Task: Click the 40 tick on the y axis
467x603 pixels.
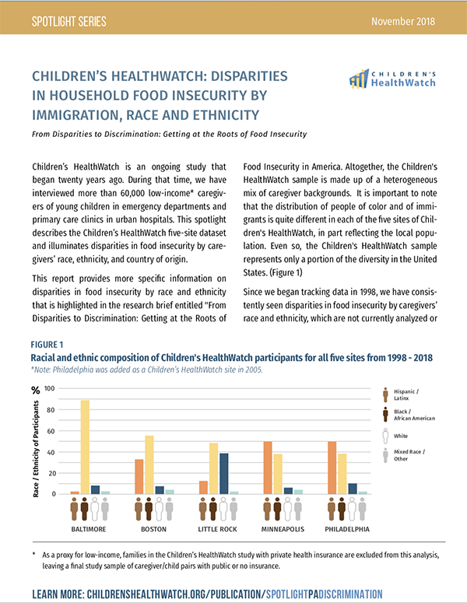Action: click(51, 451)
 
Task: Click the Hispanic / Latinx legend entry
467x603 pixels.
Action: click(403, 394)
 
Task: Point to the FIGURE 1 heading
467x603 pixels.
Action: click(48, 344)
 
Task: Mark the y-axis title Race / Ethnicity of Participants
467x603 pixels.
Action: click(37, 441)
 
